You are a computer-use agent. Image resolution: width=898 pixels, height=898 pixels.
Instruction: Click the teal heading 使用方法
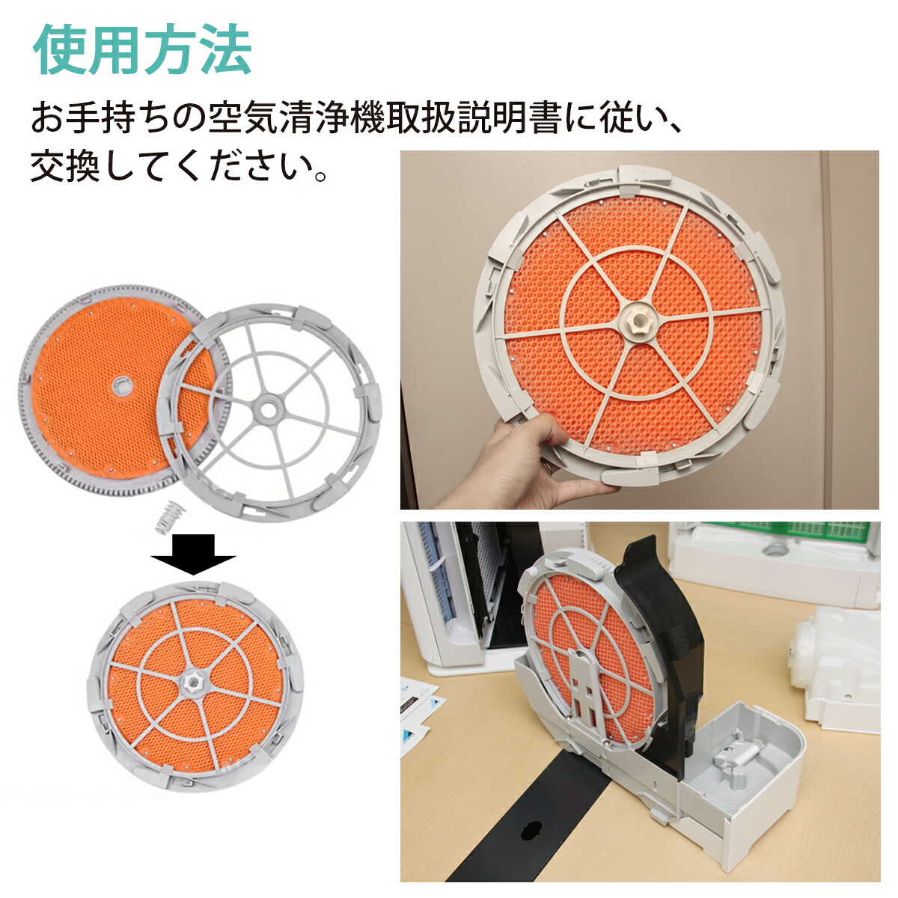click(x=142, y=50)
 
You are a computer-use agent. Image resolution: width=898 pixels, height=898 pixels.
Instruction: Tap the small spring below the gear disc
click(x=170, y=517)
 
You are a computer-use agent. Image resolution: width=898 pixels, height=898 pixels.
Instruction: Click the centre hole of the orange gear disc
click(x=120, y=385)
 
